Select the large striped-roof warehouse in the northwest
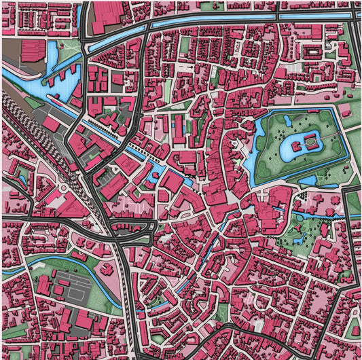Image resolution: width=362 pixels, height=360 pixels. [33, 52]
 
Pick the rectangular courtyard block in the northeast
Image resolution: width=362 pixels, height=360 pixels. [312, 52]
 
